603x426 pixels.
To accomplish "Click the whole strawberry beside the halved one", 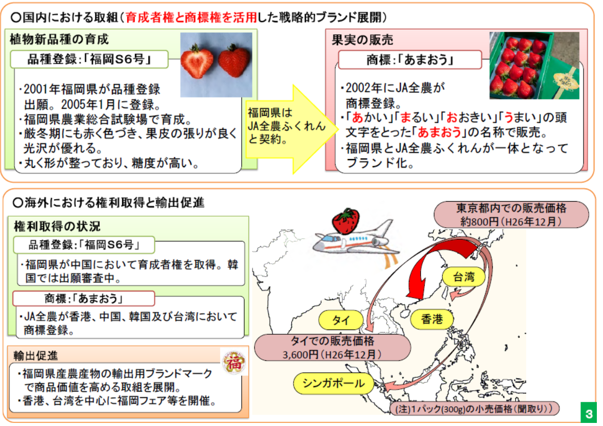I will click(234, 61).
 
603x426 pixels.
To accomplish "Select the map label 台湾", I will click(463, 278).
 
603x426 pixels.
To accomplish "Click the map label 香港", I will click(432, 319).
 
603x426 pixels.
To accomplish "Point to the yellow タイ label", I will click(341, 320).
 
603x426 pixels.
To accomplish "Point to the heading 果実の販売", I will click(362, 40).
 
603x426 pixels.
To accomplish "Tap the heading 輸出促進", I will click(36, 355).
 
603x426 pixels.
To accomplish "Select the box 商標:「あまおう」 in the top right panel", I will click(409, 60).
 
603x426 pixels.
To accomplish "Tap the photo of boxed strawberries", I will click(534, 65).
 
